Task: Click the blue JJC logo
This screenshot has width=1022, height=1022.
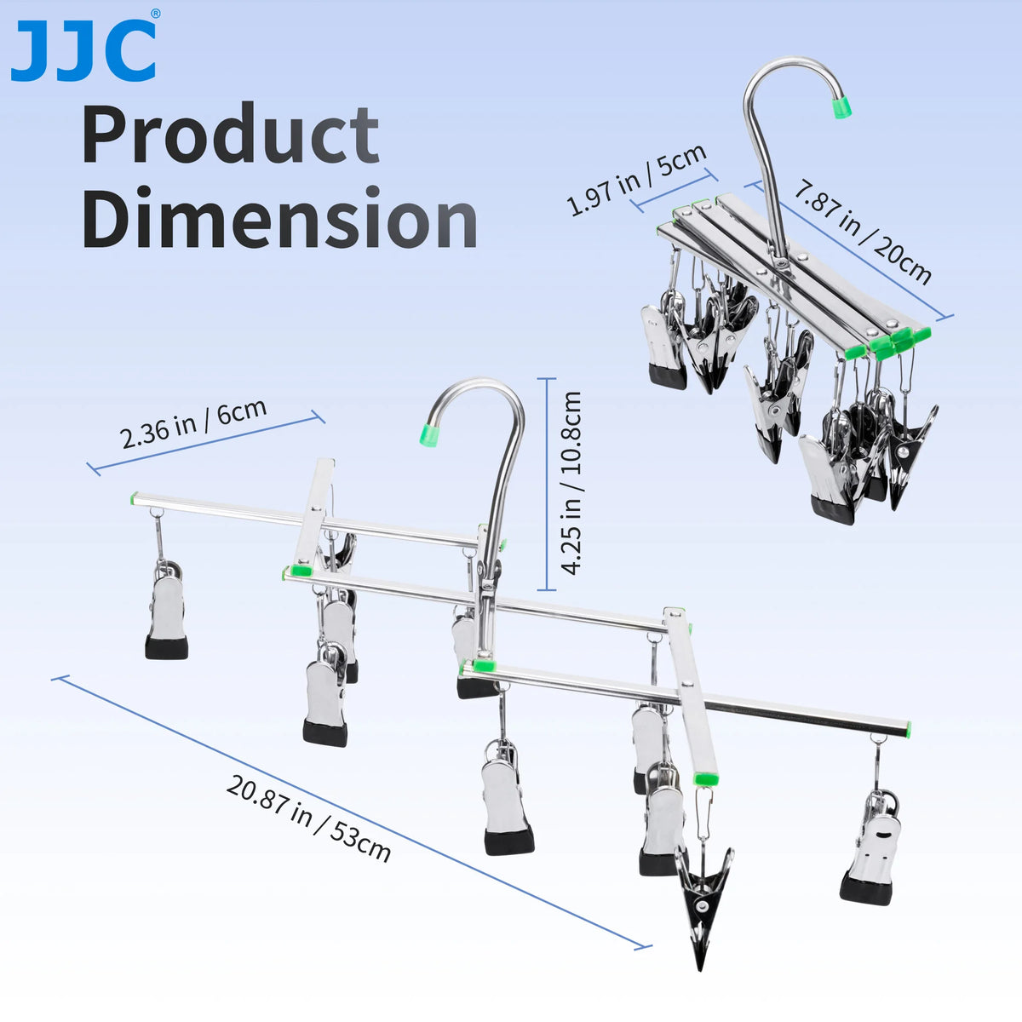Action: pos(83,51)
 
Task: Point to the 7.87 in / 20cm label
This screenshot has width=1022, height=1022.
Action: pos(863,234)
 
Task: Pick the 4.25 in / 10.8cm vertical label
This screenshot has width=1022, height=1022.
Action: pos(571,483)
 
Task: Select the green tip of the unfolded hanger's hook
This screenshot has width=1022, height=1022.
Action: pos(429,433)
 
